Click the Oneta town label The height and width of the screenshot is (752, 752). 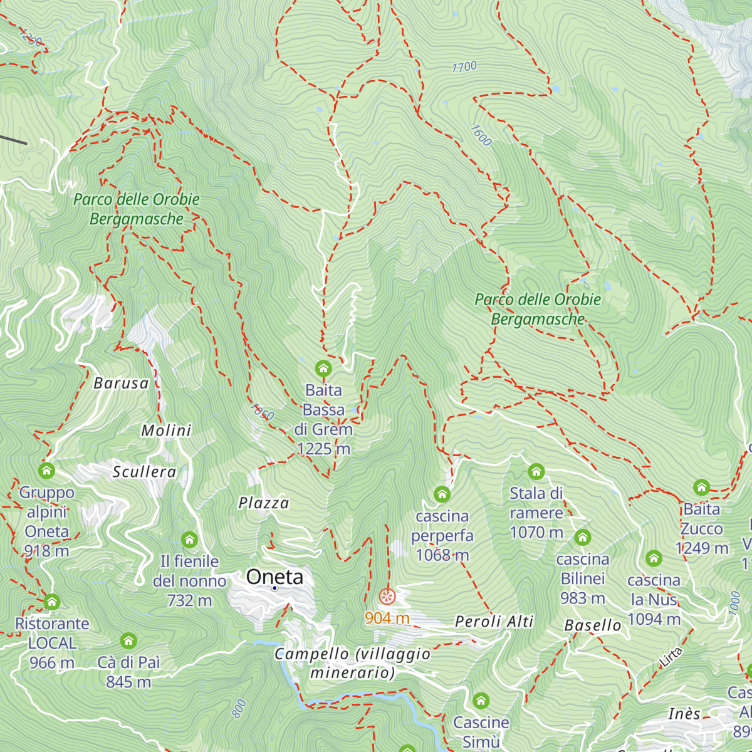tap(274, 577)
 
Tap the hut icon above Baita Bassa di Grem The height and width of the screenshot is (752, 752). tap(323, 368)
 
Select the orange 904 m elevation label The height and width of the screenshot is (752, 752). tap(387, 619)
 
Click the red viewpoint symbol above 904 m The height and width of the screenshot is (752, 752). tap(387, 597)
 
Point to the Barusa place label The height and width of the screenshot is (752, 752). tap(121, 384)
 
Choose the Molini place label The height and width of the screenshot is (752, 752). tap(166, 431)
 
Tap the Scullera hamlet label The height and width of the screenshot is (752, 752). tap(144, 472)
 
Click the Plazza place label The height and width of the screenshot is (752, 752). tap(264, 503)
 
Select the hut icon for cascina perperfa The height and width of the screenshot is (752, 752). tap(442, 494)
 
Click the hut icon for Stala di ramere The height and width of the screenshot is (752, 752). tap(536, 471)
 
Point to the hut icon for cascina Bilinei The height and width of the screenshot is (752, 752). tap(583, 537)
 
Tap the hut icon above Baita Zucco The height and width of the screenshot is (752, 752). tap(701, 487)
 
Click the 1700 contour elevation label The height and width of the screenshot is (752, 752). tap(464, 67)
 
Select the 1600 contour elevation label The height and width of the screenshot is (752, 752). tap(481, 135)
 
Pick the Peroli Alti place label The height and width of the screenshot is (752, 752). tap(494, 622)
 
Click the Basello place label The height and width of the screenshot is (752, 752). tap(593, 625)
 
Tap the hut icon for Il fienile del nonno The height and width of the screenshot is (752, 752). tap(189, 540)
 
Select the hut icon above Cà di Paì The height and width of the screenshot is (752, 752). tap(128, 640)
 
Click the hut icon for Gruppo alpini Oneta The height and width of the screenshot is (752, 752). tap(46, 470)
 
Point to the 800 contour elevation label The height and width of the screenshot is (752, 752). tap(239, 709)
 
